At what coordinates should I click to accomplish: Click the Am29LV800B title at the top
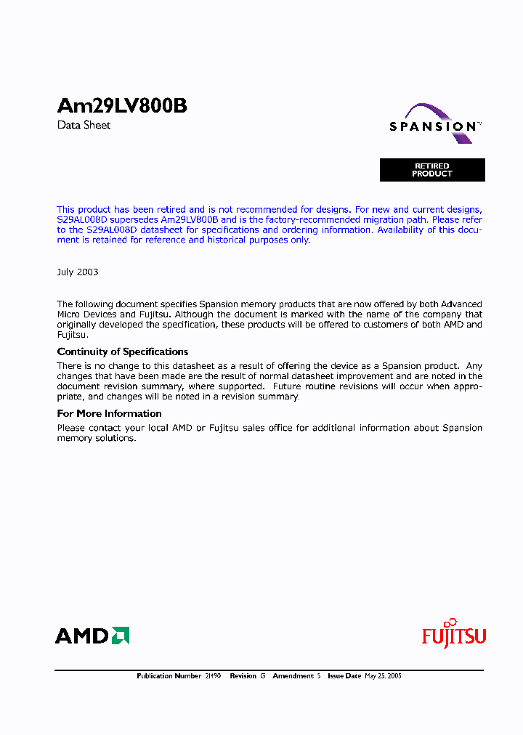pyautogui.click(x=122, y=106)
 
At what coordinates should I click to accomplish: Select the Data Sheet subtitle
pyautogui.click(x=84, y=125)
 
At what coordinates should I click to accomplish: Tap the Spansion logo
pyautogui.click(x=434, y=123)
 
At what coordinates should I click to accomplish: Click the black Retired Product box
pyautogui.click(x=432, y=170)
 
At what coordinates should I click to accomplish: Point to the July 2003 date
pyautogui.click(x=78, y=272)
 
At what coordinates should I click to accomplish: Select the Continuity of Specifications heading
pyautogui.click(x=123, y=352)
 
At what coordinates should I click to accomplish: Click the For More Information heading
pyautogui.click(x=109, y=413)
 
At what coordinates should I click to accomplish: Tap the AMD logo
pyautogui.click(x=92, y=636)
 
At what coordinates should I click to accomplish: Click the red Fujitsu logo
pyautogui.click(x=454, y=635)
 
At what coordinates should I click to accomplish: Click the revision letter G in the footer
pyautogui.click(x=263, y=676)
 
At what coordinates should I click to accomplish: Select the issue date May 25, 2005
pyautogui.click(x=383, y=676)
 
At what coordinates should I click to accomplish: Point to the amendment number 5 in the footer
pyautogui.click(x=318, y=676)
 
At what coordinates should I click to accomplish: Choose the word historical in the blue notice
pyautogui.click(x=233, y=240)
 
